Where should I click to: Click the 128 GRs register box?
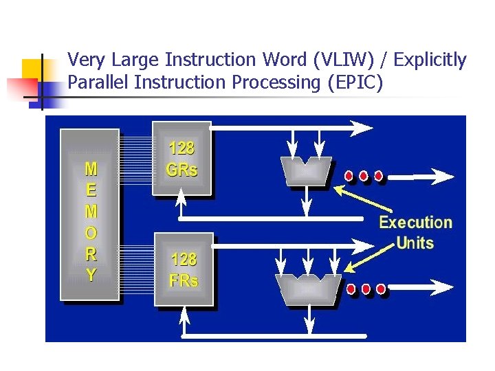pos(181,159)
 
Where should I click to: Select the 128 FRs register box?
pos(184,269)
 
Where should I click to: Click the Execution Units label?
pos(416,232)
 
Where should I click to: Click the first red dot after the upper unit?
pos(349,176)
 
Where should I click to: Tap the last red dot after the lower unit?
pos(380,289)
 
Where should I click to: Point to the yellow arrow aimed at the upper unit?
pos(364,199)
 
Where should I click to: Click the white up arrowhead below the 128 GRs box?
pos(181,197)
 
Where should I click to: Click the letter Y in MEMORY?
pos(91,275)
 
